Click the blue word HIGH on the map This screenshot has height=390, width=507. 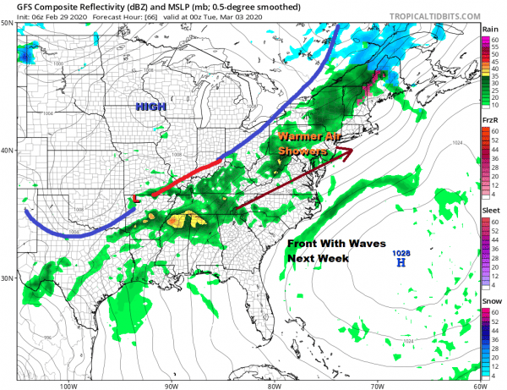[152, 107]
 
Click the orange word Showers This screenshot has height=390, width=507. [303, 150]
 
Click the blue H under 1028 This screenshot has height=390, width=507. [401, 263]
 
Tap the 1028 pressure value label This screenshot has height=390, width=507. [401, 253]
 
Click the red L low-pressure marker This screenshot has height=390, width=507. [136, 200]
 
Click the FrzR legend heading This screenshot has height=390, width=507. [489, 120]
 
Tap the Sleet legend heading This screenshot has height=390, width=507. [489, 211]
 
